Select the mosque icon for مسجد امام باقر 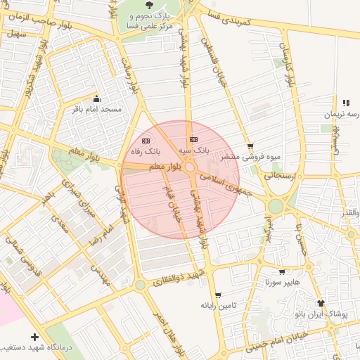click(x=96, y=99)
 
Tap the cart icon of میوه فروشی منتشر click(x=250, y=146)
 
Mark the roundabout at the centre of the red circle click(x=190, y=168)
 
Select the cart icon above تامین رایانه click(x=218, y=295)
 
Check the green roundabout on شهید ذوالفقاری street click(x=141, y=285)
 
